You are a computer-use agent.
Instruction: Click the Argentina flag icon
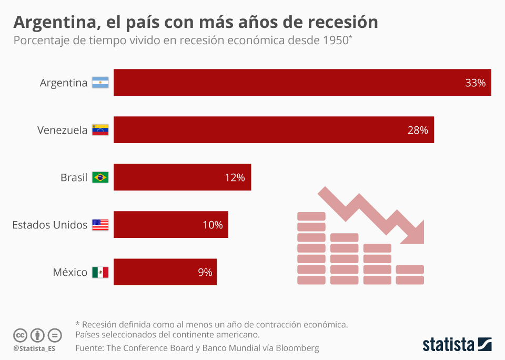click(x=100, y=83)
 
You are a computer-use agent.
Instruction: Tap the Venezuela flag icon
click(x=100, y=130)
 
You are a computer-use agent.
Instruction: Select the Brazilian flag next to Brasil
click(x=100, y=177)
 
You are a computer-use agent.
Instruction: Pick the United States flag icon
click(x=100, y=225)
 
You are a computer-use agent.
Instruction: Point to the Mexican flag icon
click(x=100, y=272)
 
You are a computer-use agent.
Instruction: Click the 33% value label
click(x=475, y=83)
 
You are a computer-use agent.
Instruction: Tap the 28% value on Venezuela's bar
click(x=418, y=130)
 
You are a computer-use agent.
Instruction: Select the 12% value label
click(x=235, y=177)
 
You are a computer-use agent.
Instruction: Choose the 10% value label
click(x=213, y=225)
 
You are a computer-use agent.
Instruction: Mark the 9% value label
click(x=205, y=272)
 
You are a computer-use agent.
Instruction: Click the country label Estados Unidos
click(x=50, y=225)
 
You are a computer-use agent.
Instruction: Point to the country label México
click(x=70, y=272)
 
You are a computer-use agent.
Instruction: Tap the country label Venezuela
click(x=62, y=130)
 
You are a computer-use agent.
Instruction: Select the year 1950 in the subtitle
click(x=334, y=41)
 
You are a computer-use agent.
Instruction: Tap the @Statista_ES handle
click(x=34, y=348)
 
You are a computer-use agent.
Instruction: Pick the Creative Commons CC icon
click(x=20, y=335)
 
